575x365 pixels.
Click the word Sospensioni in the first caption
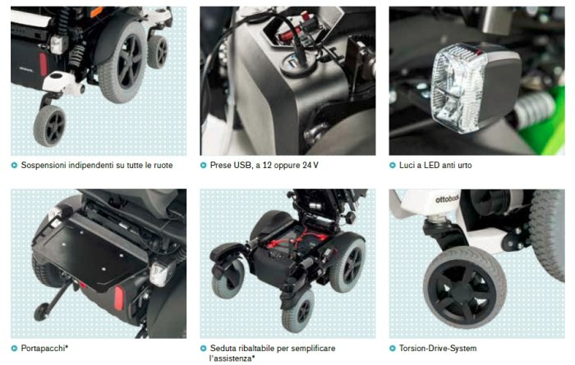pos(44,165)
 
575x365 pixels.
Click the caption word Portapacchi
pos(43,348)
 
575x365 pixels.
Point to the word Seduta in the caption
pos(223,348)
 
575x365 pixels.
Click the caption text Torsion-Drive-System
pos(438,348)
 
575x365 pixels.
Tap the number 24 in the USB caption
pos(306,165)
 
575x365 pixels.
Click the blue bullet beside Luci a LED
pos(393,165)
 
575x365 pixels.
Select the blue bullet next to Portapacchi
pos(14,348)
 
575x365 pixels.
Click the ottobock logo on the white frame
pos(447,199)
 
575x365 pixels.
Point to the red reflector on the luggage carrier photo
pos(119,298)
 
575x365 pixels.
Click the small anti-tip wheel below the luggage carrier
pos(41,312)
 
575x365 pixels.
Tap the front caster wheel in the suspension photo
pos(49,125)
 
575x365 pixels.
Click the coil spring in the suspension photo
pos(77,56)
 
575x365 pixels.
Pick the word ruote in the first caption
pos(163,165)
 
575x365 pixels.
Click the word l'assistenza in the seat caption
pos(231,358)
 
